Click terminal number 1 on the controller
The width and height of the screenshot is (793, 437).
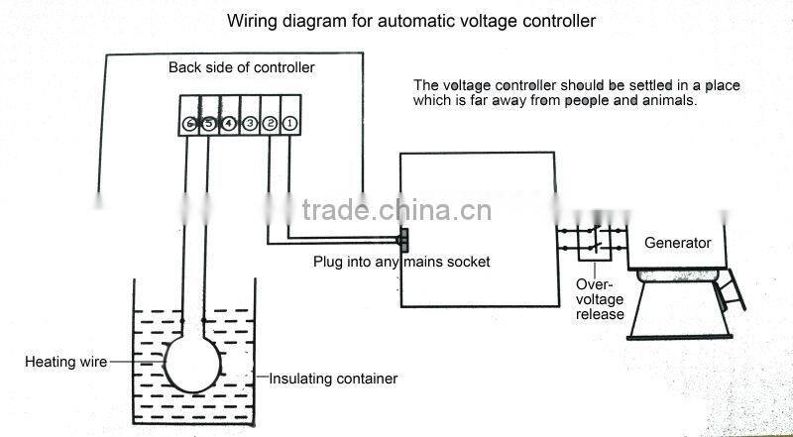pos(288,123)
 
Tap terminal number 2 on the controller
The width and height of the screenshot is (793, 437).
pos(270,123)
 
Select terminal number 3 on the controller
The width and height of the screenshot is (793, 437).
pos(250,123)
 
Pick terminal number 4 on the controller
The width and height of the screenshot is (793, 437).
pos(229,123)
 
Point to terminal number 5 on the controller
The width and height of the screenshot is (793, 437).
pos(208,123)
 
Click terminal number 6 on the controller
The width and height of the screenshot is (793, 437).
pos(188,123)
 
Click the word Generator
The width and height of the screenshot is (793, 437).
pos(678,243)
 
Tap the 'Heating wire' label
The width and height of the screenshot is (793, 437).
pos(65,363)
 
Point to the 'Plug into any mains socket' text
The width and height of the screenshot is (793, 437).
pos(401,263)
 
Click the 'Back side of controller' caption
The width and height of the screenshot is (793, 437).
pos(241,67)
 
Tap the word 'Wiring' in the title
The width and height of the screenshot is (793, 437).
pos(251,20)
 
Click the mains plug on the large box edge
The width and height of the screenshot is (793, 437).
pos(401,239)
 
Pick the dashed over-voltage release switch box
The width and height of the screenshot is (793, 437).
pos(594,241)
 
